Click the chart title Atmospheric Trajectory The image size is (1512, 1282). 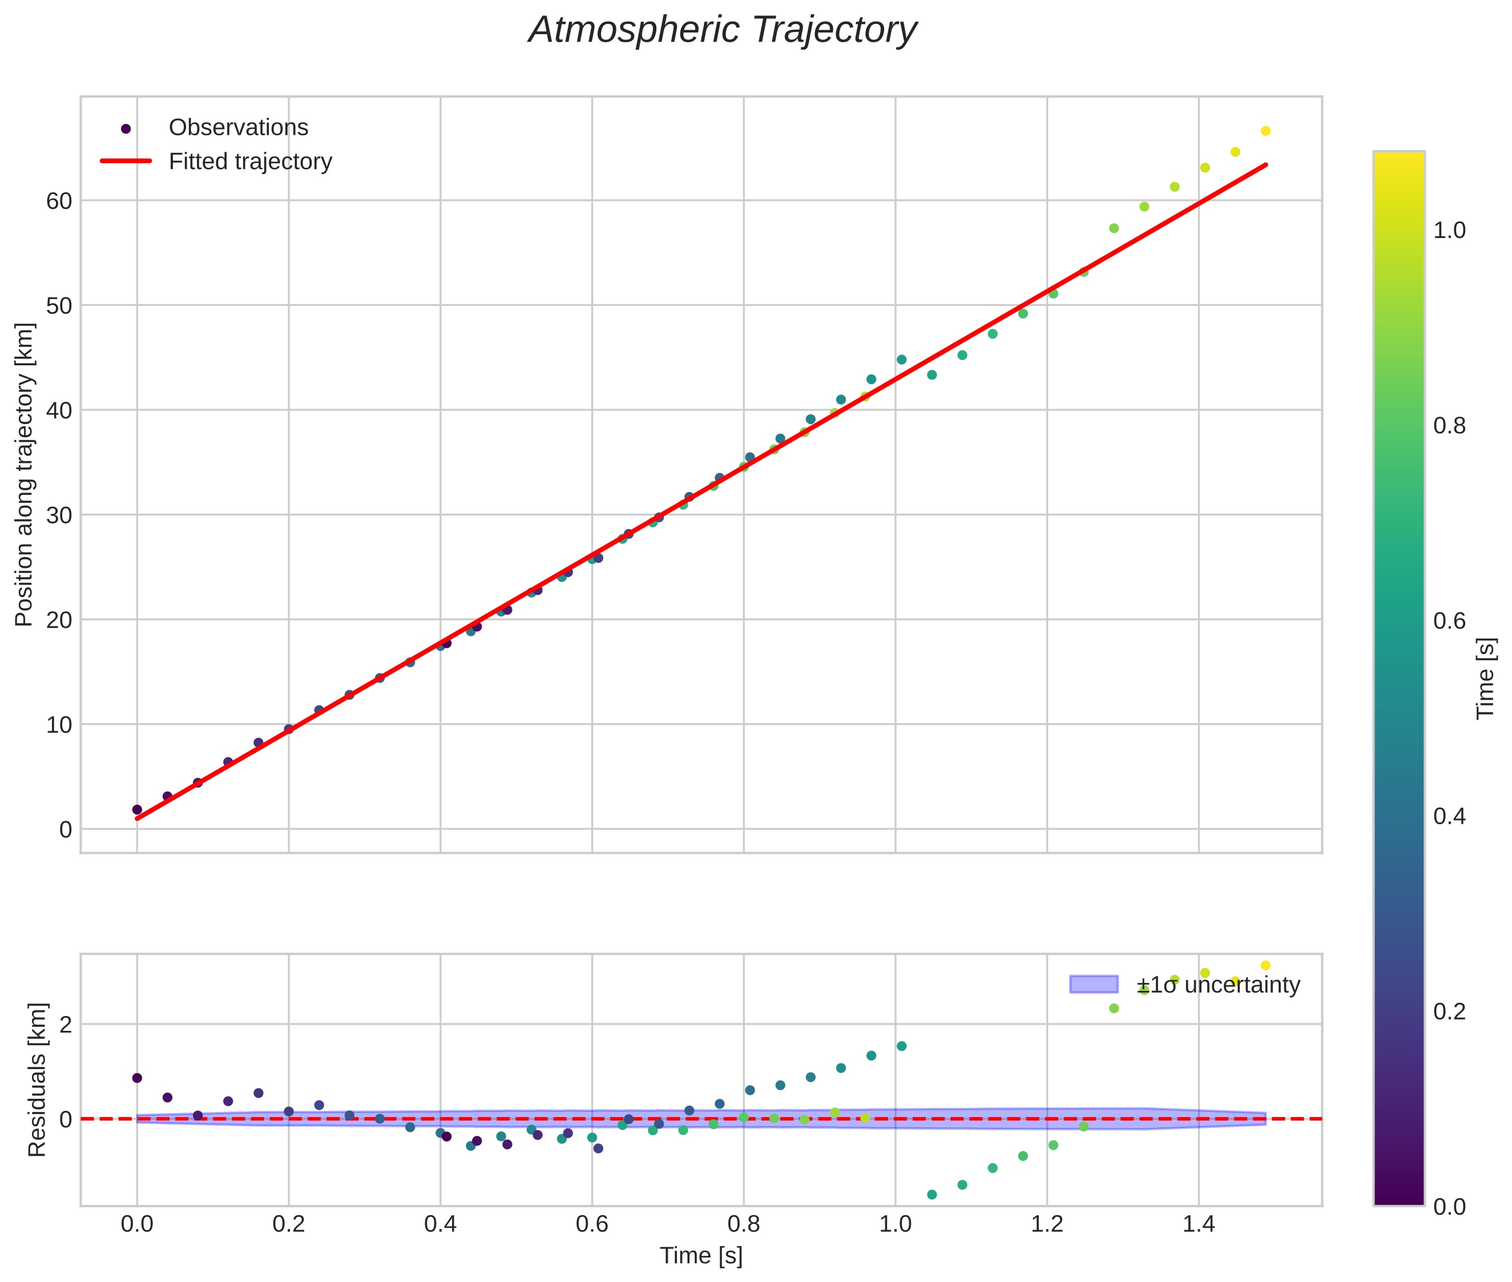[722, 30]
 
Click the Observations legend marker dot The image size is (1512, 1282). [126, 128]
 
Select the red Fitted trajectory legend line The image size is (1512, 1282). [126, 160]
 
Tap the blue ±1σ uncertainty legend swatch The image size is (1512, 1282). [1093, 984]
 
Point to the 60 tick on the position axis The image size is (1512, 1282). [59, 200]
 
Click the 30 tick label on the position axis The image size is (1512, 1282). [59, 515]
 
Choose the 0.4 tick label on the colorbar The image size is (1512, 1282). [1450, 816]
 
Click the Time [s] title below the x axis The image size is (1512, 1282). [700, 1256]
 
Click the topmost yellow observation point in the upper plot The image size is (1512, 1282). [1265, 131]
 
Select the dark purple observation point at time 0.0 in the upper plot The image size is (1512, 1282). [136, 809]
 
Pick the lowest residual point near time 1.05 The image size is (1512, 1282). [932, 1195]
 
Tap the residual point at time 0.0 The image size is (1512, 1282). [136, 1078]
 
